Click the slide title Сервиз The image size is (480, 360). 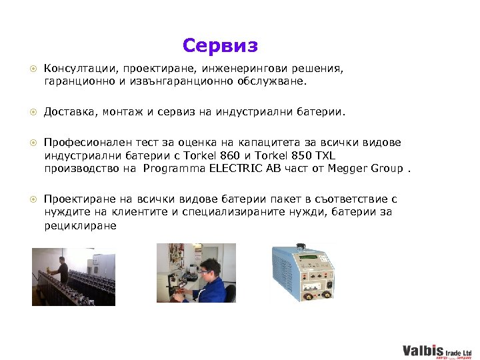pos(219,46)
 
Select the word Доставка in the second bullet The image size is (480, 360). pos(69,113)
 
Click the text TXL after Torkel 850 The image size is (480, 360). pos(323,155)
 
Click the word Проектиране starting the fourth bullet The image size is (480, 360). pos(76,199)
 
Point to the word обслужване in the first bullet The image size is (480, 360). pos(273,81)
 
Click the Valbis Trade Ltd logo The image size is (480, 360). pos(437,351)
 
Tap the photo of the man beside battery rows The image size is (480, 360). pos(73,276)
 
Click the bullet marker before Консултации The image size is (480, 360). pos(32,69)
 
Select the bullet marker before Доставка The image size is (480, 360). pos(32,113)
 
